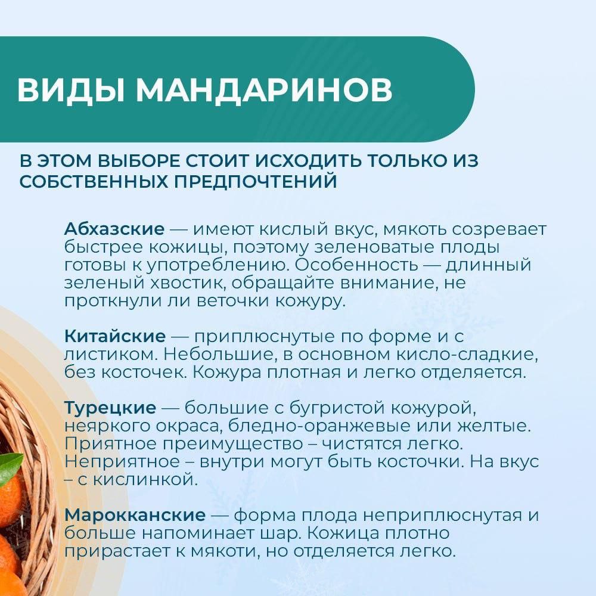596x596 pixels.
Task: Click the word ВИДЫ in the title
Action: (70, 90)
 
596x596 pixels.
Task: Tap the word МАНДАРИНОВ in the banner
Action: (264, 90)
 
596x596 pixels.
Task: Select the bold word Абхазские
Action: (114, 229)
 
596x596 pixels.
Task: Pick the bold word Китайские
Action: (115, 336)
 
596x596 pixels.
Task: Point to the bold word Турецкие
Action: (110, 408)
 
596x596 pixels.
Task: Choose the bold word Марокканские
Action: (135, 516)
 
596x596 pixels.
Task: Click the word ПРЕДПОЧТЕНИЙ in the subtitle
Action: (255, 182)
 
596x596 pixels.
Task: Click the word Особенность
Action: (356, 265)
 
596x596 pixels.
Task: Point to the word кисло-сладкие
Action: (467, 354)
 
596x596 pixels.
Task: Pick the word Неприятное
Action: (122, 462)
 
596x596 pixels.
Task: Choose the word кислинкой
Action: (145, 480)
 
